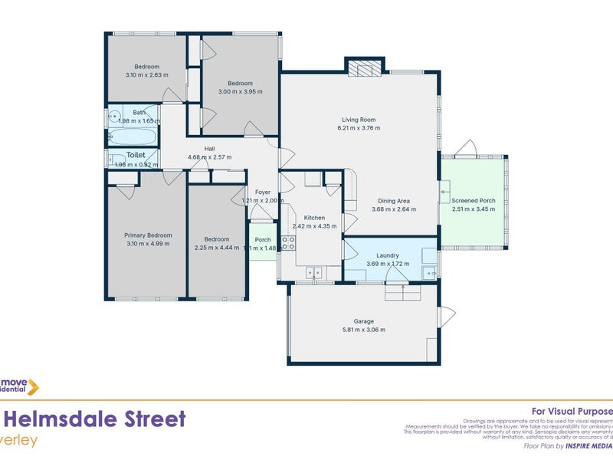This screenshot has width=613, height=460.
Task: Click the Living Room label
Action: [359, 119]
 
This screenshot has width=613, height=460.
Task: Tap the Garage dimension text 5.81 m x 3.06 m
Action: [363, 330]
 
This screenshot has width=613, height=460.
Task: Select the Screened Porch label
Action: [474, 201]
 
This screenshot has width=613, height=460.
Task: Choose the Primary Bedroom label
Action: [149, 235]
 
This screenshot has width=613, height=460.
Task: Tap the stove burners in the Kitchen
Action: [288, 243]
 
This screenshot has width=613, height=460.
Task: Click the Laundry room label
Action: [388, 255]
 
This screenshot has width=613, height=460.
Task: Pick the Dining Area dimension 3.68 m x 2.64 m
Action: [394, 209]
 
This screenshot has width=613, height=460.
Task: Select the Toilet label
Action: [136, 155]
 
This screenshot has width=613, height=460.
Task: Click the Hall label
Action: [209, 149]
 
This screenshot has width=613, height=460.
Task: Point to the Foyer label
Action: [262, 192]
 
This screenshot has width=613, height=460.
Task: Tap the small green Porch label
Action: [263, 239]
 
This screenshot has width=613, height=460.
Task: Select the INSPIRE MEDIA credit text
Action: [589, 445]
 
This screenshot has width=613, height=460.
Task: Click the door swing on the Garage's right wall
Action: [444, 316]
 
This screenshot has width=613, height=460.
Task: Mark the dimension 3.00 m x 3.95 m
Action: [240, 91]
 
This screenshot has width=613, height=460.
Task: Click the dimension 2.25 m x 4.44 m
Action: [217, 248]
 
